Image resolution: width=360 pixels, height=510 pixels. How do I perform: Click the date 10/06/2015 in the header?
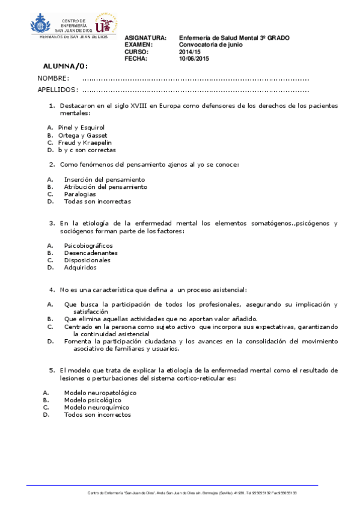[x=194, y=58]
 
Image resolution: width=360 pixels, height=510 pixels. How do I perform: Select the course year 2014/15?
[x=190, y=52]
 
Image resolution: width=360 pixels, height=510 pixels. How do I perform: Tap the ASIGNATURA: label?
[x=145, y=38]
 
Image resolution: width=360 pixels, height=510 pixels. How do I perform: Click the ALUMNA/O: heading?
[x=66, y=66]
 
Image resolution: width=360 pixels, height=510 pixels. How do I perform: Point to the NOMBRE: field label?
[x=53, y=79]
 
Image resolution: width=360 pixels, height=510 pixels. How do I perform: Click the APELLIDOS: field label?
[x=58, y=90]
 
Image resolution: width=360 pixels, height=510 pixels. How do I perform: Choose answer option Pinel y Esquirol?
[x=81, y=127]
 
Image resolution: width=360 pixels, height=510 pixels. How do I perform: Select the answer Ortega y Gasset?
[x=82, y=135]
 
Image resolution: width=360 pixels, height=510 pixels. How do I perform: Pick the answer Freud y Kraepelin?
[x=85, y=143]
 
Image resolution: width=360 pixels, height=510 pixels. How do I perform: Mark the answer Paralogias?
[x=80, y=194]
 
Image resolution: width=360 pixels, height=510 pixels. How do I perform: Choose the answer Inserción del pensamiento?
[x=104, y=179]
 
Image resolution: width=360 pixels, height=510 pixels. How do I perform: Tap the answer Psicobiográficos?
[x=88, y=245]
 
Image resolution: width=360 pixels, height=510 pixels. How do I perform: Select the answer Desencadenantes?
[x=91, y=253]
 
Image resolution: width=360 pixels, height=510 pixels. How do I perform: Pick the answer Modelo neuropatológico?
[x=100, y=393]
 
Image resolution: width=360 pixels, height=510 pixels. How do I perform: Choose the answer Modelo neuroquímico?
[x=96, y=407]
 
